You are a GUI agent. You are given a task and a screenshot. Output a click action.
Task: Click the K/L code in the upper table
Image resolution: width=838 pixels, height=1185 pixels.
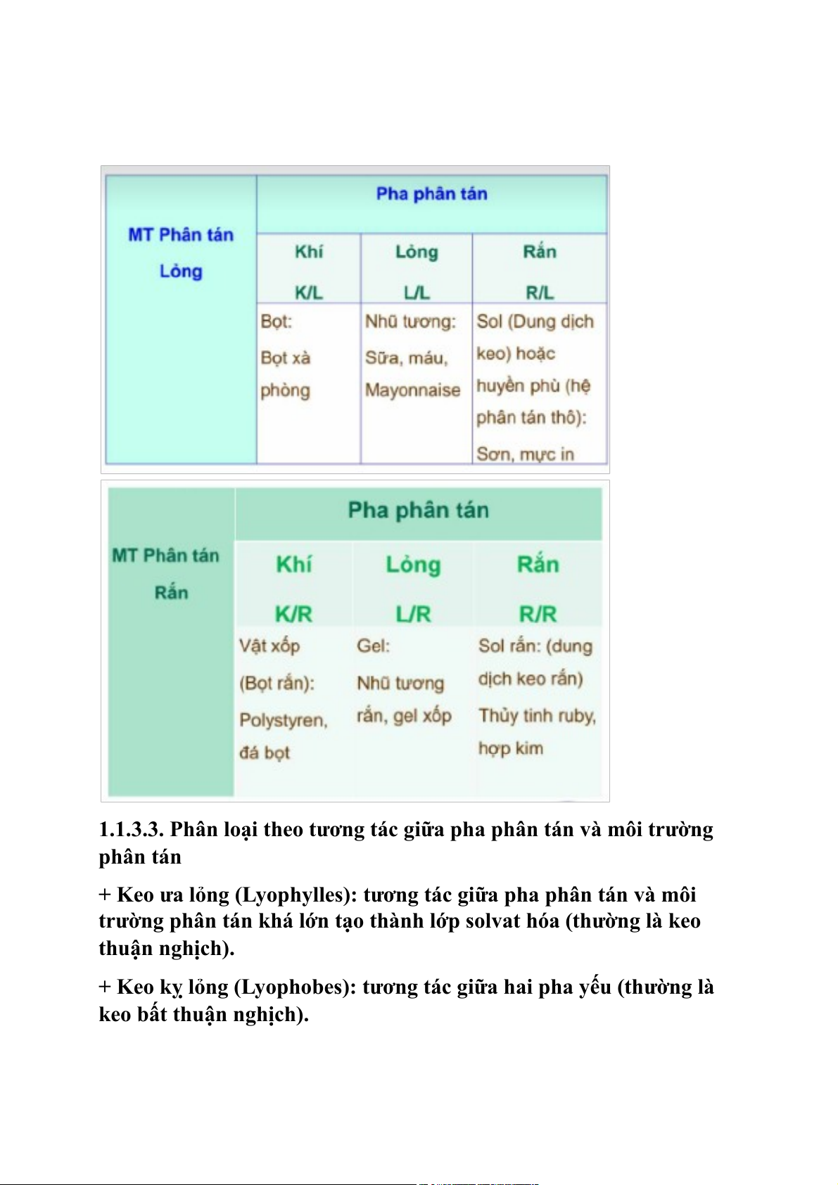[x=308, y=292]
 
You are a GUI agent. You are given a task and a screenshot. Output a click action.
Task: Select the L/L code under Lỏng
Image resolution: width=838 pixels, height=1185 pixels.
[x=417, y=292]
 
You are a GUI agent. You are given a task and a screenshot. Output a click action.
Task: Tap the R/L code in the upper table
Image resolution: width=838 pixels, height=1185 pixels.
[x=540, y=292]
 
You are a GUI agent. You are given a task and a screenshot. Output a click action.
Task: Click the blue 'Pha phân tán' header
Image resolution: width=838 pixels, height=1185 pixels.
[x=431, y=193]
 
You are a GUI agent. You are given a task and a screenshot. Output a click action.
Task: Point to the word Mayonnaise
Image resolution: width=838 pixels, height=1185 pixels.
[x=412, y=390]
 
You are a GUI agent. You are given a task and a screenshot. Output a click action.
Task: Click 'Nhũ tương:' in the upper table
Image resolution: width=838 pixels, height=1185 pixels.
[x=410, y=322]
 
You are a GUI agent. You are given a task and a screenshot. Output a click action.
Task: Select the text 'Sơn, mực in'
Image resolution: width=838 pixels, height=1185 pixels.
[x=525, y=454]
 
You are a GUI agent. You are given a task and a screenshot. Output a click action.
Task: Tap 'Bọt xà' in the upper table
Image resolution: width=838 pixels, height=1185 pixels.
[x=285, y=358]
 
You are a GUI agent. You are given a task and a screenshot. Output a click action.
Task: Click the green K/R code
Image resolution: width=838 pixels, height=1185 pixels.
[x=293, y=614]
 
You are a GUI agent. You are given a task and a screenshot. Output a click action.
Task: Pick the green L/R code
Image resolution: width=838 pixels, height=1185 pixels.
[x=413, y=614]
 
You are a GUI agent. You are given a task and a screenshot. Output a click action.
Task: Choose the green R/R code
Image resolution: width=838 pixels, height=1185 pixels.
[x=538, y=614]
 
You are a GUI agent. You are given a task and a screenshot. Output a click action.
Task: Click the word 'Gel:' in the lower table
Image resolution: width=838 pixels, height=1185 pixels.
[x=373, y=646]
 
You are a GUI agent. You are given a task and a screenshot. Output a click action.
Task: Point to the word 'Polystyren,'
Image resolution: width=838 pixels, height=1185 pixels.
[x=284, y=720]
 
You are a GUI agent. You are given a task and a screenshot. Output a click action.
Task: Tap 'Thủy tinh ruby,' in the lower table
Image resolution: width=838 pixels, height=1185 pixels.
[x=537, y=716]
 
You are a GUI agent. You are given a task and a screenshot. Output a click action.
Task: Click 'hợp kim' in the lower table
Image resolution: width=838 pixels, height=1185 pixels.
[x=510, y=748]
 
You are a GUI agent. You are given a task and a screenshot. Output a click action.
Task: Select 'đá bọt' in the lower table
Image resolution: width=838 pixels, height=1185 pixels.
[x=264, y=752]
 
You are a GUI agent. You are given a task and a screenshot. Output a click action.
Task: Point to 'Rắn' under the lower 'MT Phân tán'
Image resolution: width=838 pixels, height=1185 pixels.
[x=171, y=592]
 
